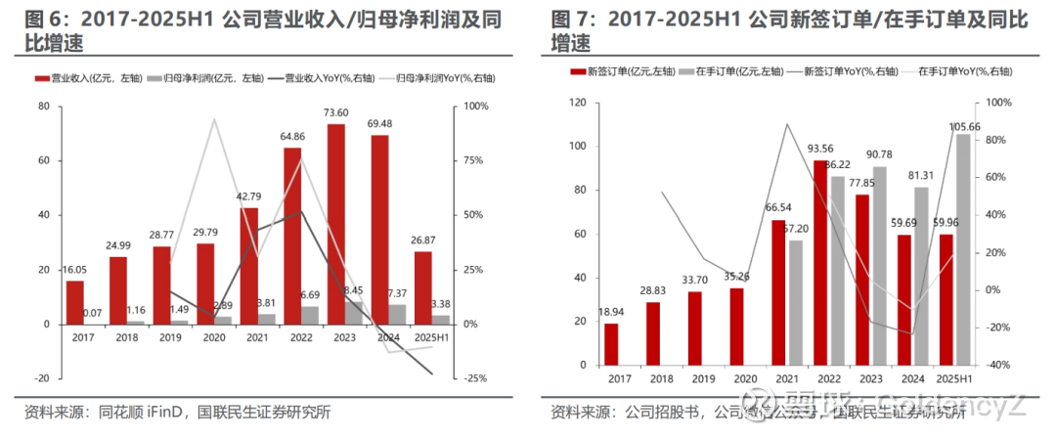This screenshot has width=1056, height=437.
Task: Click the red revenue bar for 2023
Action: point(336,225)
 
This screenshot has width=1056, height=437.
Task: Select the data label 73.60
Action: point(336,113)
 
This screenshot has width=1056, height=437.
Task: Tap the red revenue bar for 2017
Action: point(75,302)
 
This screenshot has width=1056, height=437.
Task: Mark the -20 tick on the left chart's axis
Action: point(43,378)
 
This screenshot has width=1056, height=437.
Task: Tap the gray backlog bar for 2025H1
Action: point(963,249)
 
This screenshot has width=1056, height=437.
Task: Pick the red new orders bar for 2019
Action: point(694,328)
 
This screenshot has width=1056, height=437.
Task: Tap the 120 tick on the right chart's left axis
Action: point(576,103)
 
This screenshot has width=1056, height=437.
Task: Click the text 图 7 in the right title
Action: point(568,20)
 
